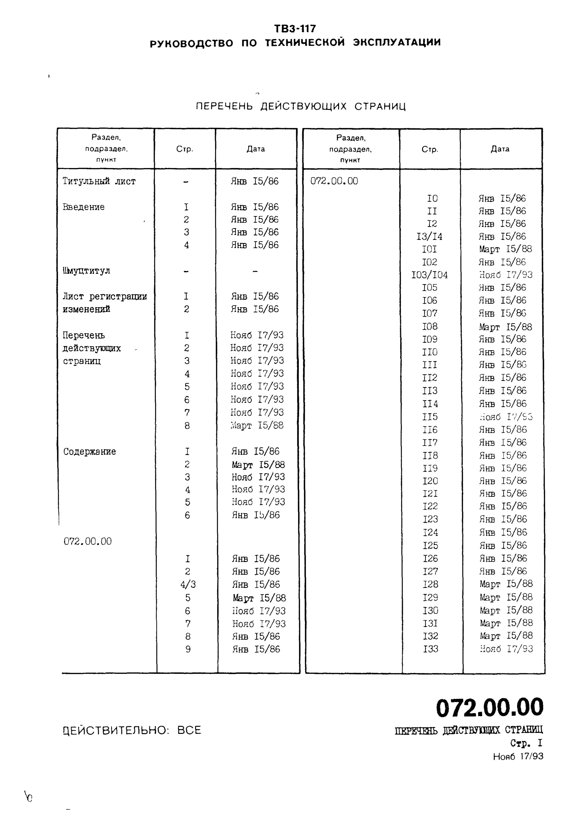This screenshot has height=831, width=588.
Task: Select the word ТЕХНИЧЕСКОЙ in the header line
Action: coord(305,43)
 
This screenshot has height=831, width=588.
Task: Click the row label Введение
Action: coord(84,207)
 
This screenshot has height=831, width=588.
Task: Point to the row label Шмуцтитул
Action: coord(87,271)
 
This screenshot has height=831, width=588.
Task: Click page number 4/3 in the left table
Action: coord(187,584)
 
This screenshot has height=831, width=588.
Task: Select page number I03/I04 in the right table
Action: coord(429,275)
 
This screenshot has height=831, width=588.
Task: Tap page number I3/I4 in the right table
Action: coord(429,237)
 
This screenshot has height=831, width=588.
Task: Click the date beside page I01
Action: coord(505,249)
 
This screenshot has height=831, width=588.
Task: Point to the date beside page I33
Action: coord(506,649)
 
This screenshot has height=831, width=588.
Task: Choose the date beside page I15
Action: coord(506,417)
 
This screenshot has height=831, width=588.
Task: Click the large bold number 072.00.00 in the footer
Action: coord(489,707)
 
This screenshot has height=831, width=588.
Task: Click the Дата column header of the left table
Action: coord(256,149)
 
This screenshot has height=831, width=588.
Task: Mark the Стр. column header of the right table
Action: coord(430,149)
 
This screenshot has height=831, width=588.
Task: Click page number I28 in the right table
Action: coord(430,584)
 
